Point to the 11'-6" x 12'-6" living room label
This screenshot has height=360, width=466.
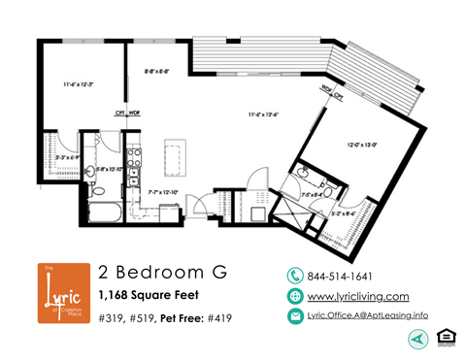coord(262,115)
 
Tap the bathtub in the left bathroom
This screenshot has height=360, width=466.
coord(103,212)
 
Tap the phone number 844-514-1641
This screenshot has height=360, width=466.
coord(339,277)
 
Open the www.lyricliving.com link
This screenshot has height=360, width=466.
coord(356,296)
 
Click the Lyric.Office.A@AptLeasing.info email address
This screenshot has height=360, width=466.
coord(366,316)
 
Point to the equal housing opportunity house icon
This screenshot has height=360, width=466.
coord(446,337)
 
